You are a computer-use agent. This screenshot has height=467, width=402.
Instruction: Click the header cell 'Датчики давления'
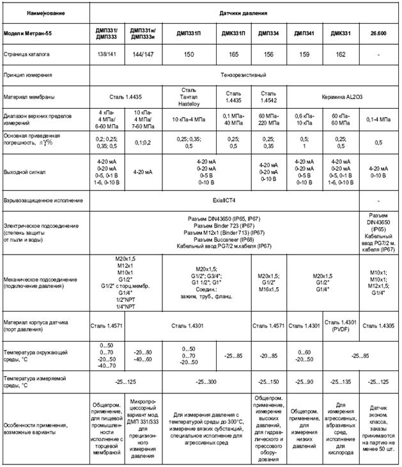[x=244, y=13]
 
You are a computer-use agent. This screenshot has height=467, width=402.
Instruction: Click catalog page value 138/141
[x=106, y=56]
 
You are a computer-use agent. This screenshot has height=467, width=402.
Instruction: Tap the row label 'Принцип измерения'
[x=28, y=75]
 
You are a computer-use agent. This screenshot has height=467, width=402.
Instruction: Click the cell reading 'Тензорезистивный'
[x=244, y=75]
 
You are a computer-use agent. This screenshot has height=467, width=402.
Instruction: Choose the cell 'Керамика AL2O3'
[x=343, y=97]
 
